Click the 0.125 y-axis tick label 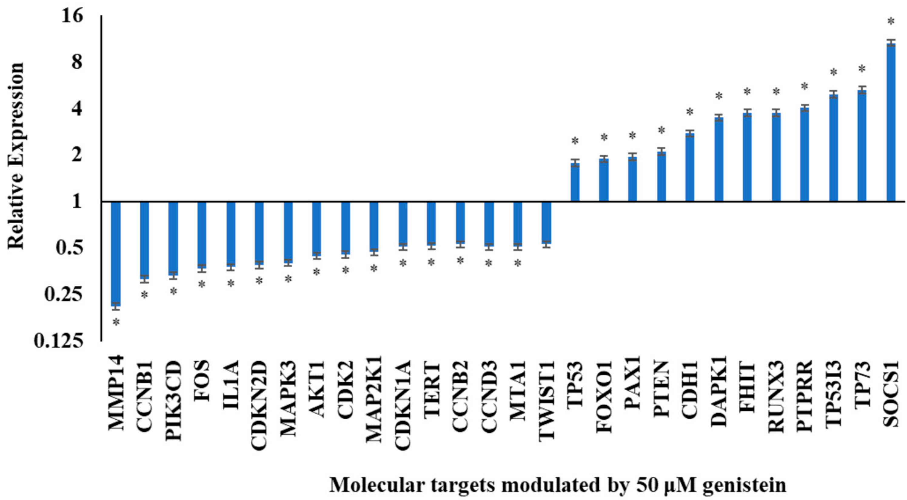click(59, 341)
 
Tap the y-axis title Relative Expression click(16, 156)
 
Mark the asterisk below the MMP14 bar click(116, 323)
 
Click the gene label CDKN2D click(260, 405)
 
